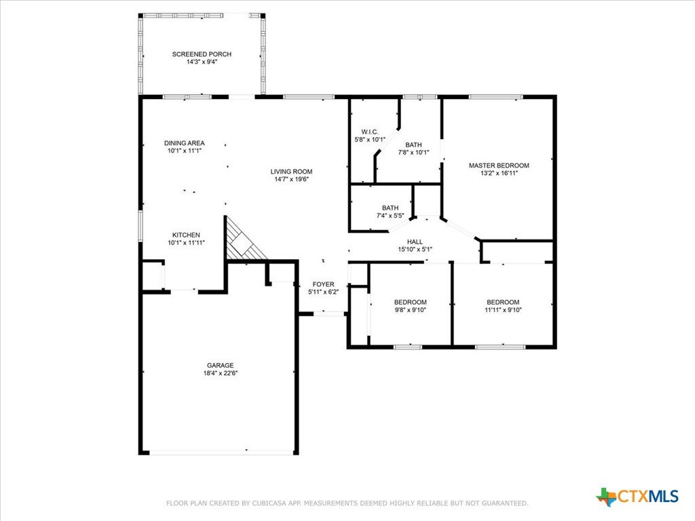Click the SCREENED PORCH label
pos(202,54)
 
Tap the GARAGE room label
pos(221,366)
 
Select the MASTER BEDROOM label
pos(499,166)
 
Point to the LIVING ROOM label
pos(291,172)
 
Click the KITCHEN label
pos(186,235)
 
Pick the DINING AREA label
pos(185,143)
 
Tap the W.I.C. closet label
pos(370,132)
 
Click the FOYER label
pos(324,284)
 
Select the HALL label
pos(415,242)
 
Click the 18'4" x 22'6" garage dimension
pos(221,373)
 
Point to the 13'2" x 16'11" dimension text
pos(499,173)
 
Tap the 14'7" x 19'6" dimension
pos(291,179)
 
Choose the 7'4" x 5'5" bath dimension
pos(390,216)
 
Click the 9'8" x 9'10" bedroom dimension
pos(411,309)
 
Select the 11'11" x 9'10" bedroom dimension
pos(503,309)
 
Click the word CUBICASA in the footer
pos(270,503)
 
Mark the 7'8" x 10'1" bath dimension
pos(413,153)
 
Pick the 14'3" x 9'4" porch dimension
pos(202,62)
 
